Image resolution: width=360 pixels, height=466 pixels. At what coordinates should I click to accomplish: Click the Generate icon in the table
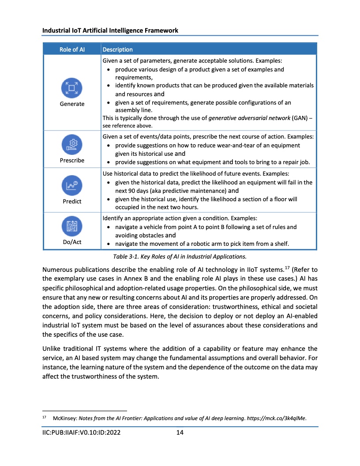click(72, 88)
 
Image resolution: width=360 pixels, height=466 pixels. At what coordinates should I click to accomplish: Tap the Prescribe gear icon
click(72, 145)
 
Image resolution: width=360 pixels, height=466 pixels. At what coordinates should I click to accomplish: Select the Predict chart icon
click(72, 186)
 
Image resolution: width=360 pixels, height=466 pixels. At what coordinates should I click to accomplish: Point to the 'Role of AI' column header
click(72, 49)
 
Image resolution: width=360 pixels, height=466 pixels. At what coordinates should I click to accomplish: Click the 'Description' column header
click(117, 49)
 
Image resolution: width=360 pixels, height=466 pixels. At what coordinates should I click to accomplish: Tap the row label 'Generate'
click(72, 104)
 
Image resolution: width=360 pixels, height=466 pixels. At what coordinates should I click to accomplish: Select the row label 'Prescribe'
click(72, 160)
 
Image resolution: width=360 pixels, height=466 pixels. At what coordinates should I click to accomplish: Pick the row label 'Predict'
click(72, 201)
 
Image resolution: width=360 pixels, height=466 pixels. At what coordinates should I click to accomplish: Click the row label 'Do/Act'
click(72, 242)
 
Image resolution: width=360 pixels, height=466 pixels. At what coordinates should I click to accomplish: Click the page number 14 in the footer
click(180, 432)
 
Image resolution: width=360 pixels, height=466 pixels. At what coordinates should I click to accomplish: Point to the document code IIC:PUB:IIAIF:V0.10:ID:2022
click(81, 432)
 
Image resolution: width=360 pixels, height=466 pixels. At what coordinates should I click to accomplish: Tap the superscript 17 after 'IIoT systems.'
click(285, 267)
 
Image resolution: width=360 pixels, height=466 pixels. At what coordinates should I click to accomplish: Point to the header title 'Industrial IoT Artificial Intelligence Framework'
click(110, 30)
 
